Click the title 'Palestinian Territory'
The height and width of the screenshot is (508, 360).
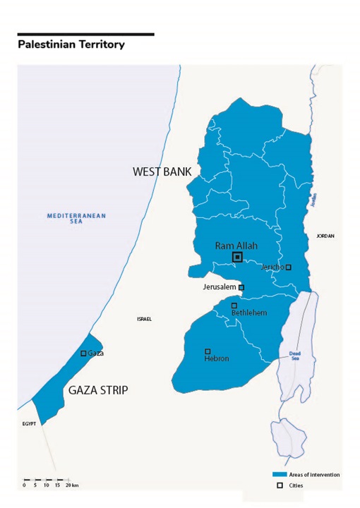71,44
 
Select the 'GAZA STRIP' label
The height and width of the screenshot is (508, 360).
98,389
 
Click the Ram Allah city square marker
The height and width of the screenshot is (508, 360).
237,257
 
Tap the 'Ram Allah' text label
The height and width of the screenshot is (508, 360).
237,245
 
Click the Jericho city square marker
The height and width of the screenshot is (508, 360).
288,267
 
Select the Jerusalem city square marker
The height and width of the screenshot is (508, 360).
241,287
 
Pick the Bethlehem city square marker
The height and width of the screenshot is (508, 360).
234,306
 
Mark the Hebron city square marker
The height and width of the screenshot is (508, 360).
208,351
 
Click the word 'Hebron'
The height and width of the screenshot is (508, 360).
216,359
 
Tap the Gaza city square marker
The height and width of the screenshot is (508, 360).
83,353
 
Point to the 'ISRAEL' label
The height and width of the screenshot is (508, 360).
144,319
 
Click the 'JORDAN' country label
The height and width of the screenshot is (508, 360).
325,236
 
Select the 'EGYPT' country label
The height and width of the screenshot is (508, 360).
28,425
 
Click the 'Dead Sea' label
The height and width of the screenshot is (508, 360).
295,356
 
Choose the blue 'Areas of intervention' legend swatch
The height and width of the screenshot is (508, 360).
280,475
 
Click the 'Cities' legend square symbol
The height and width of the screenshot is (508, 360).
280,485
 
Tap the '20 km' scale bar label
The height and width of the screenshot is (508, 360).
71,486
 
